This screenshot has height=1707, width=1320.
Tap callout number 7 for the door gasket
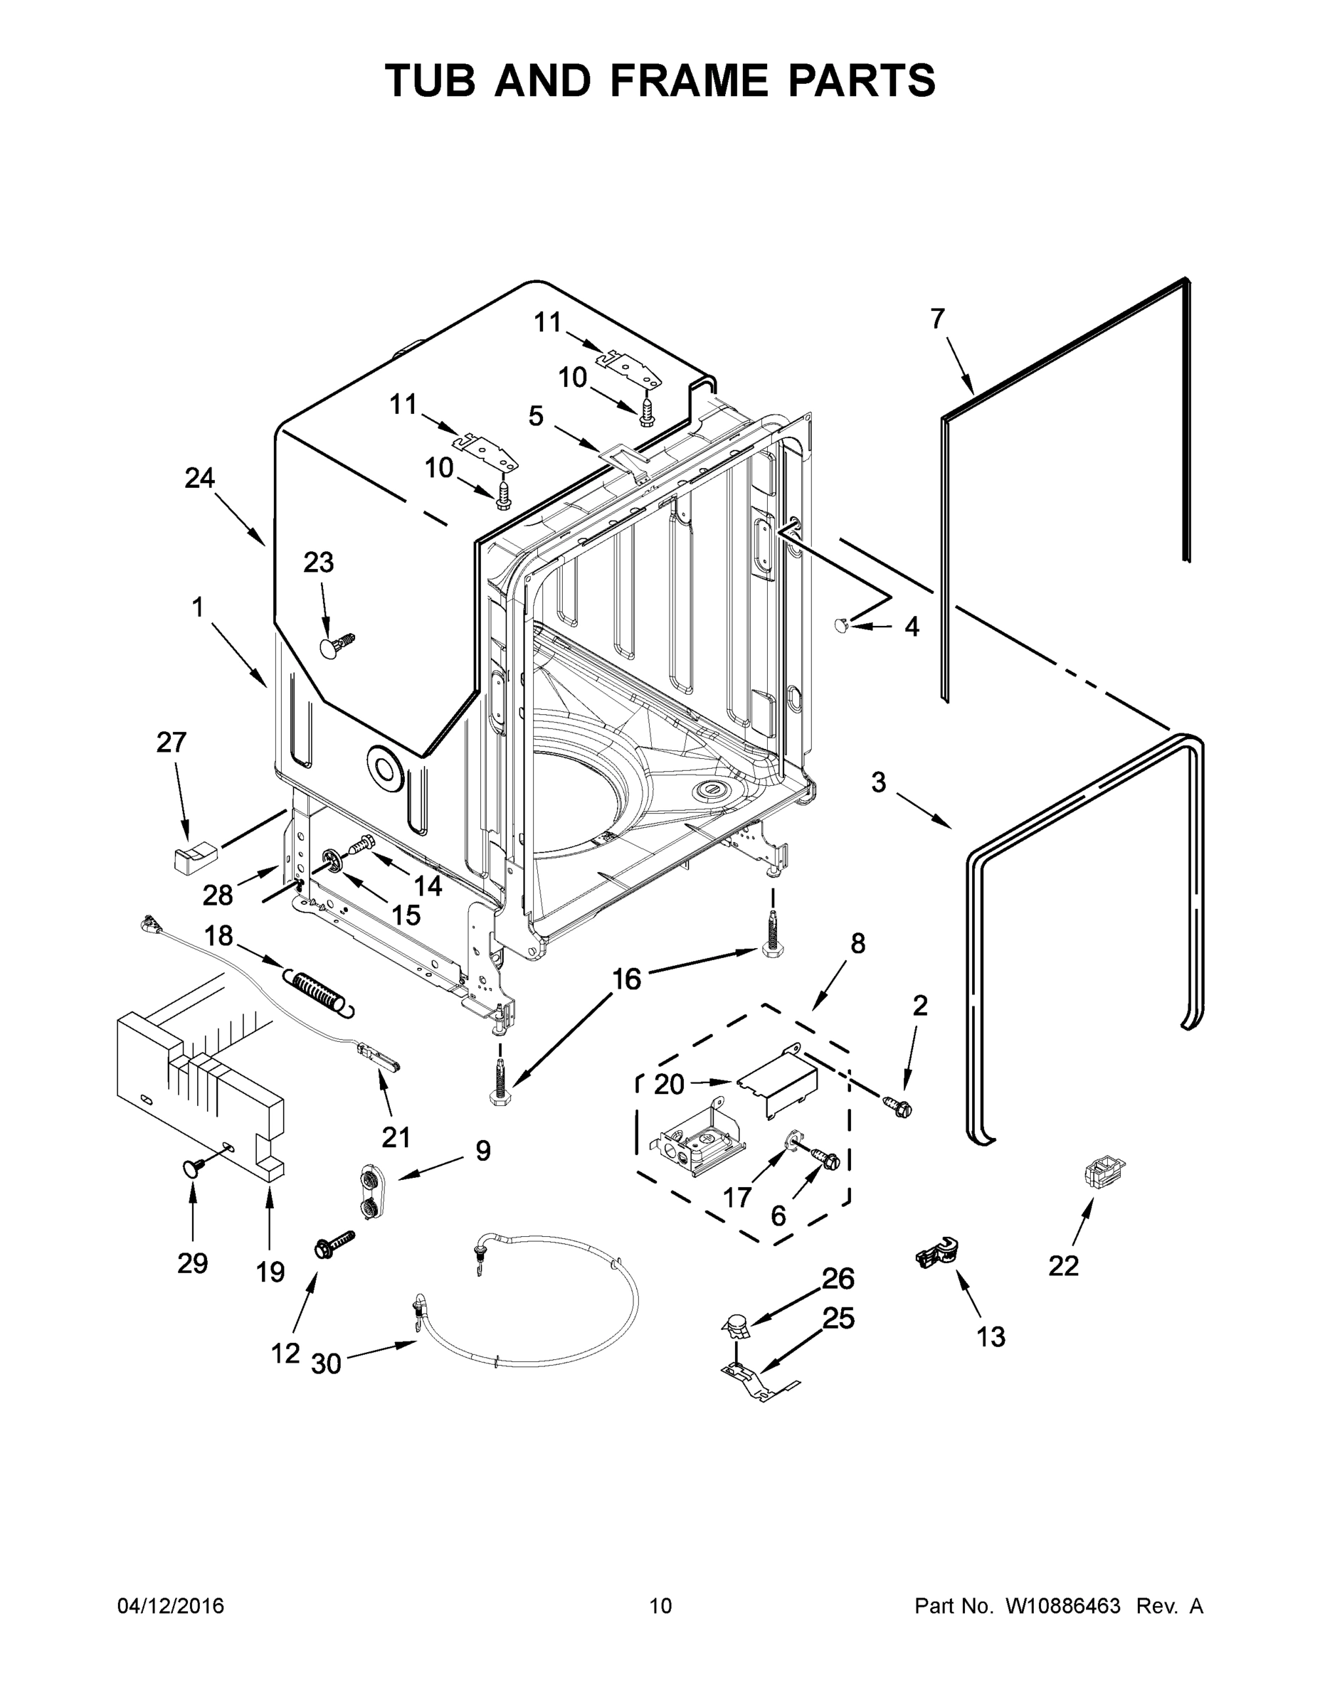938,319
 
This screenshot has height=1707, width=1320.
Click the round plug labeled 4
843,624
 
